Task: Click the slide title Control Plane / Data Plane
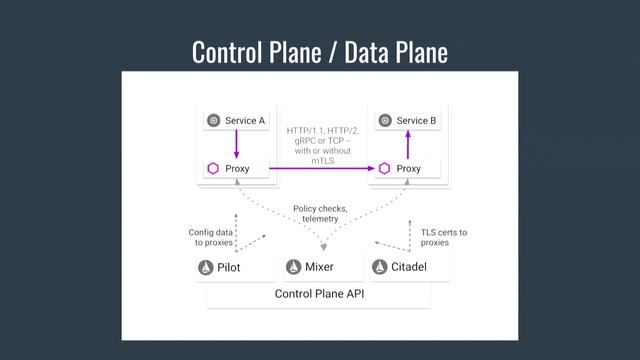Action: click(319, 51)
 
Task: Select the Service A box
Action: click(236, 121)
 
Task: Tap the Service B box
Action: click(407, 121)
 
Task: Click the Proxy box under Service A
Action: click(236, 169)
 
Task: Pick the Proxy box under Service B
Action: click(407, 169)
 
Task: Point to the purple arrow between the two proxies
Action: click(321, 169)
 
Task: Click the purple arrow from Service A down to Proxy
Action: click(236, 145)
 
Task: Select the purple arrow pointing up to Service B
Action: click(407, 145)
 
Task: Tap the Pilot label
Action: click(229, 268)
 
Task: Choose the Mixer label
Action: click(319, 268)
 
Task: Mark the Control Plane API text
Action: click(319, 294)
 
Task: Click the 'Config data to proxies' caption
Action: click(212, 237)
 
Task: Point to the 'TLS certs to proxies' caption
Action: click(443, 237)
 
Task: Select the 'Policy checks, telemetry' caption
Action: click(320, 213)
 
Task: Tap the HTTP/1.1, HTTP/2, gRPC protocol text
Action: click(321, 145)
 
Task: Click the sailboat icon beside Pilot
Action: click(206, 268)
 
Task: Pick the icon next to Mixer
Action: click(293, 268)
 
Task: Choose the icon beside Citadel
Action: click(379, 268)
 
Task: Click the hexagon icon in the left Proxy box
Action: click(213, 169)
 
